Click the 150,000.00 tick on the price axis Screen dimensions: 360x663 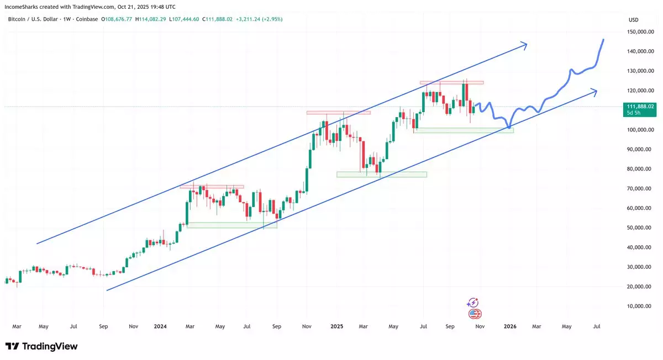coord(641,32)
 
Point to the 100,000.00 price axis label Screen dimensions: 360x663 coord(641,130)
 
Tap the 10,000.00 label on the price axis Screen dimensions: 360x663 coord(642,306)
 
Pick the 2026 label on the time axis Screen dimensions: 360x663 coord(510,326)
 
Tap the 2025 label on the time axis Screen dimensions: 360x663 coord(336,326)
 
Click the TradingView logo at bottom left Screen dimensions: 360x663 coord(41,346)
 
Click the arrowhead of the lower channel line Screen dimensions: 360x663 coord(595,91)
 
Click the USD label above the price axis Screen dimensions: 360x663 coord(633,20)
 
